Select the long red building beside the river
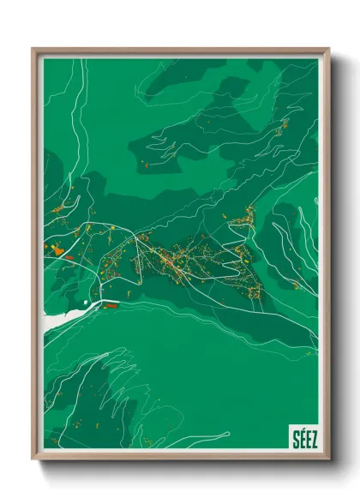109,303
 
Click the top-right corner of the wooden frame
328,50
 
